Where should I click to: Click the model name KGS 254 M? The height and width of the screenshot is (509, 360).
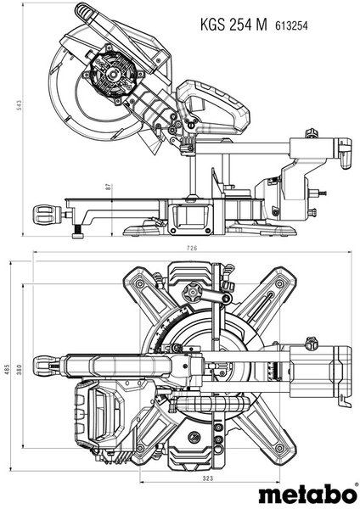click(x=233, y=25)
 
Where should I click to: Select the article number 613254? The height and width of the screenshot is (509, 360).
click(x=291, y=25)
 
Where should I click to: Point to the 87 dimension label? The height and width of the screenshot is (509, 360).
click(x=109, y=187)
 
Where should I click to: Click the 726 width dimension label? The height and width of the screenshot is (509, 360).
click(x=192, y=249)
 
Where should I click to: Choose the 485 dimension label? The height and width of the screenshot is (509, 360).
click(x=7, y=368)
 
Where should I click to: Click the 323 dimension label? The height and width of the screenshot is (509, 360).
click(x=208, y=478)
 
